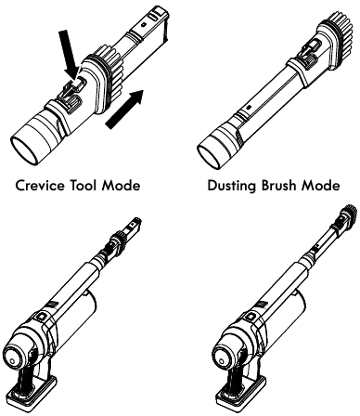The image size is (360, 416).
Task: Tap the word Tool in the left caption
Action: click(x=94, y=185)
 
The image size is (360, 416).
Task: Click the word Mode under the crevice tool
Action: click(x=131, y=185)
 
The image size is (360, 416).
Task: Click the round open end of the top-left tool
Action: click(x=29, y=140)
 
